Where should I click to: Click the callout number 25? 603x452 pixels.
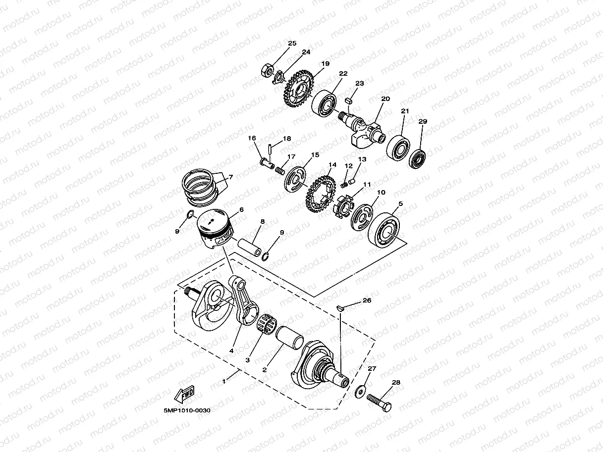click(292, 44)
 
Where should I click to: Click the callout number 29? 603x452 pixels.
click(422, 121)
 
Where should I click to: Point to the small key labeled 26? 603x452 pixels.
click(340, 308)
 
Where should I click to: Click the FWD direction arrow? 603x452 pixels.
click(184, 395)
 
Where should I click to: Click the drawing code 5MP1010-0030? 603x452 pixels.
click(187, 410)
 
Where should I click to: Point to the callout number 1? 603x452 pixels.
click(224, 381)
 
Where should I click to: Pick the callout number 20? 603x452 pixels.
click(385, 99)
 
